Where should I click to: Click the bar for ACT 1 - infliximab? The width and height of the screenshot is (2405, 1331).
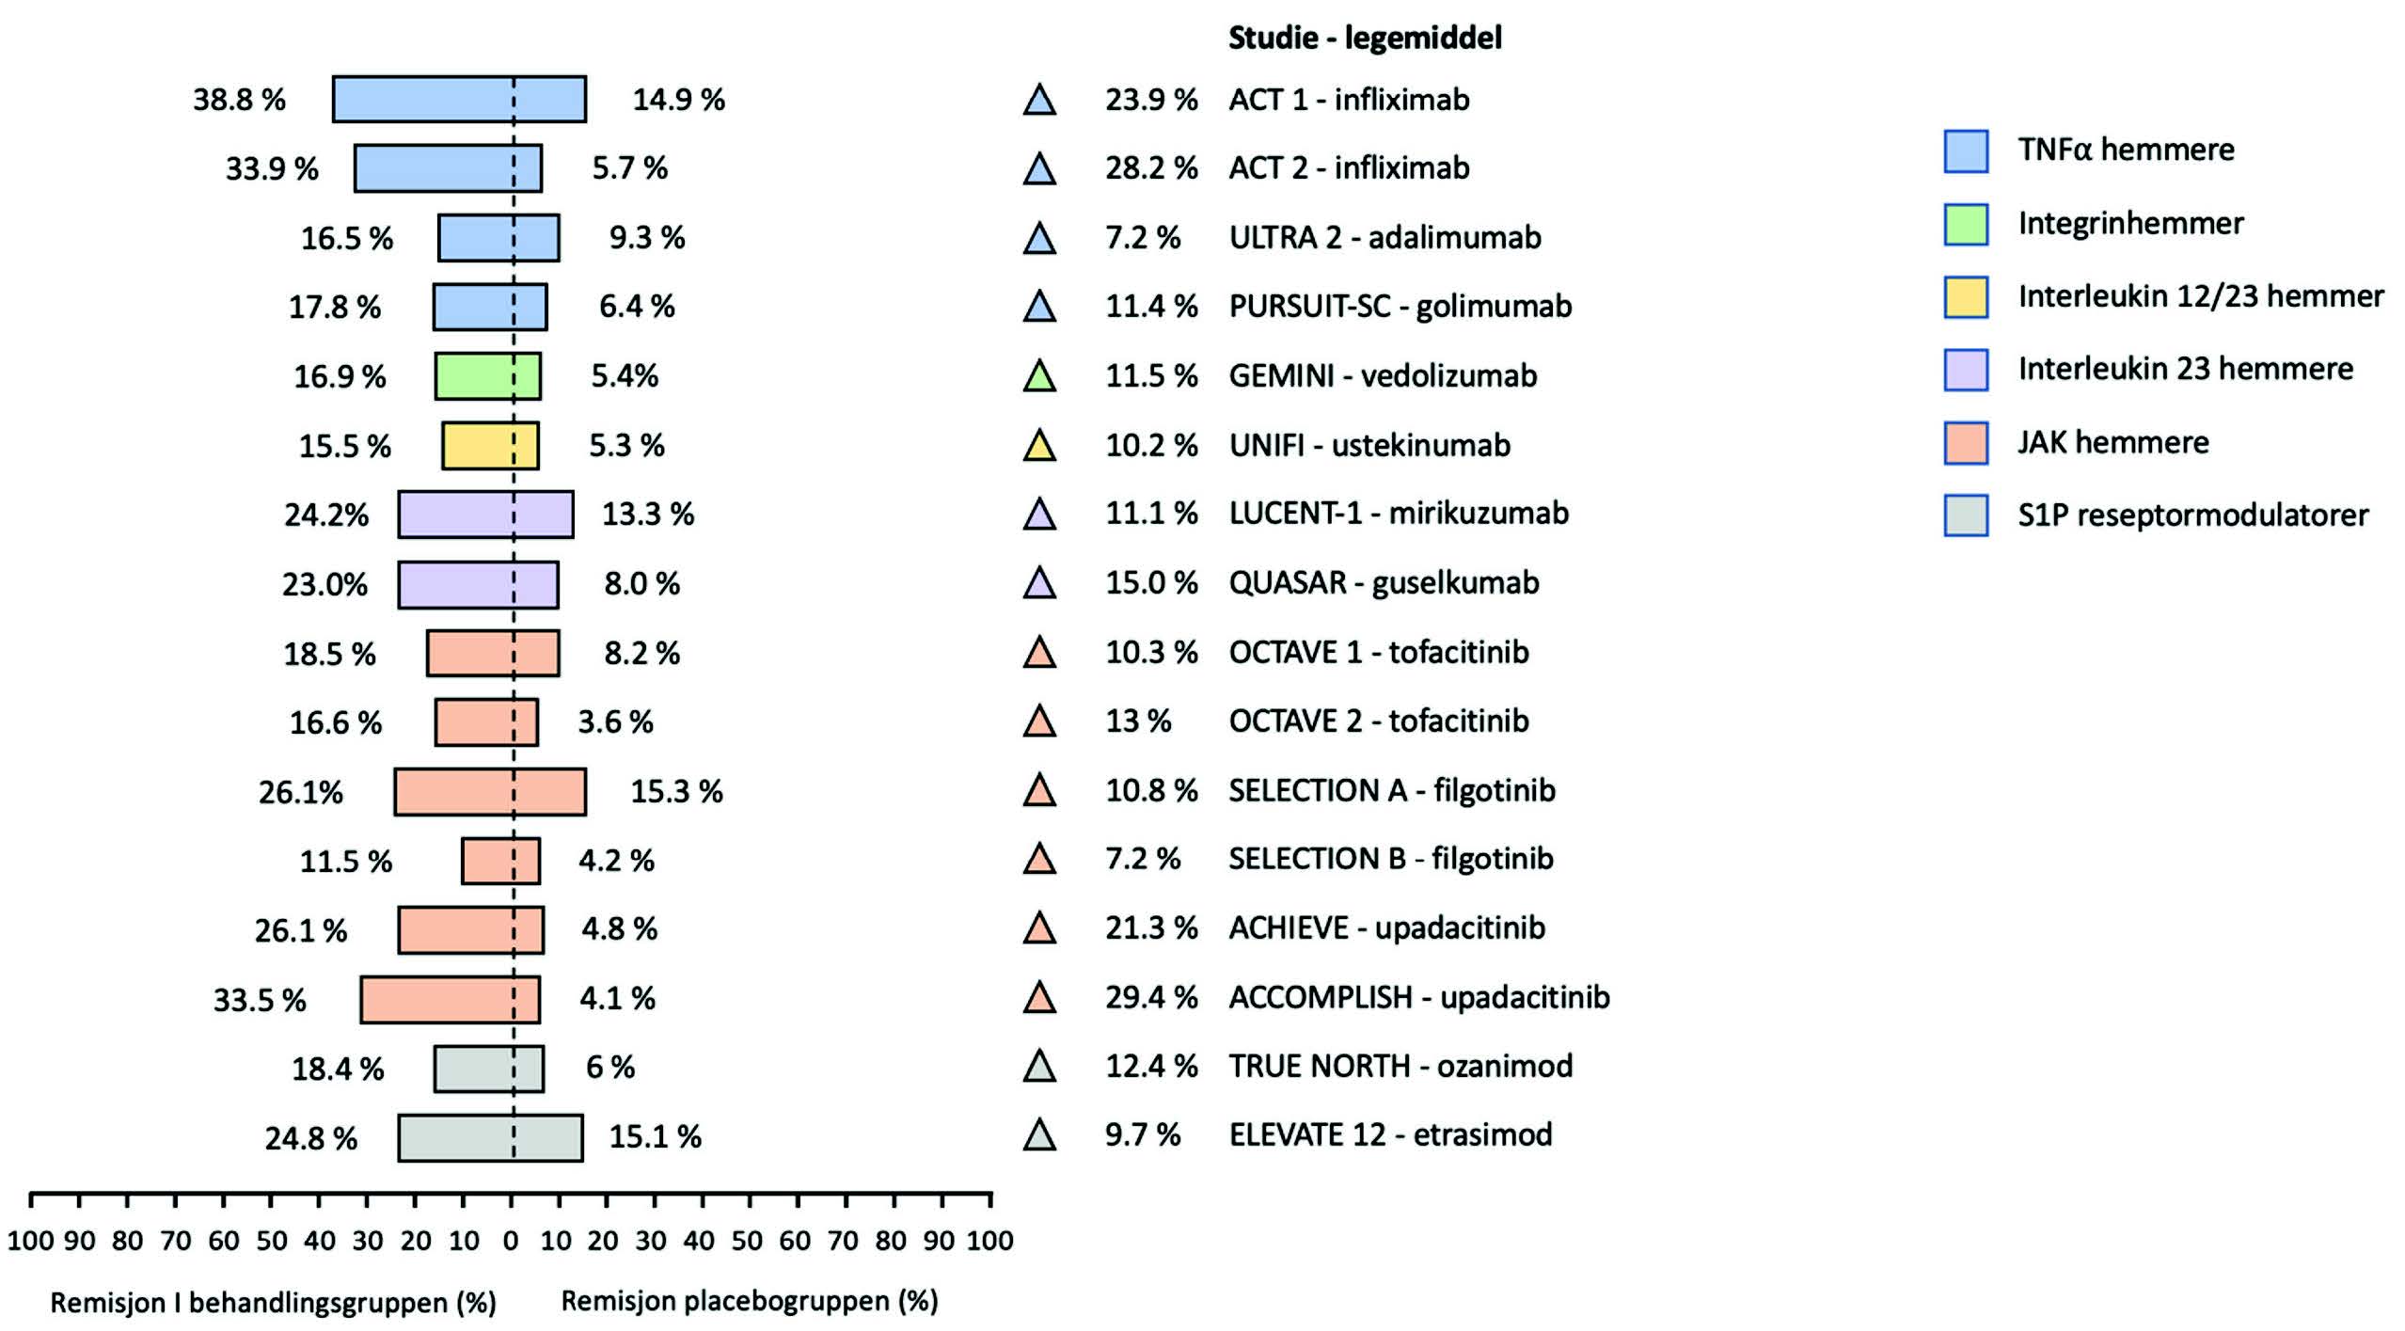coord(459,99)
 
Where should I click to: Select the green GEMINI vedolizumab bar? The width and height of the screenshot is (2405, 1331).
coord(487,376)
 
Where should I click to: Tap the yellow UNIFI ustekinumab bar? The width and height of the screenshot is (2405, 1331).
coord(490,445)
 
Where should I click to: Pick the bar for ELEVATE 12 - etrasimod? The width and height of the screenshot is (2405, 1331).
coord(490,1137)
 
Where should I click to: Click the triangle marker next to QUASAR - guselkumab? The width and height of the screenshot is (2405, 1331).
coord(1039,583)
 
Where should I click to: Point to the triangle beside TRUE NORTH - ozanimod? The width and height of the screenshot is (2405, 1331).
coord(1039,1066)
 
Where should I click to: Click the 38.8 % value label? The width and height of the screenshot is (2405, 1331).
coord(239,100)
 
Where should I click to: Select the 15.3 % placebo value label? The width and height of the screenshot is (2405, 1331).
coord(676,791)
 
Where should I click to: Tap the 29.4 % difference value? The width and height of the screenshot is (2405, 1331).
coord(1151,997)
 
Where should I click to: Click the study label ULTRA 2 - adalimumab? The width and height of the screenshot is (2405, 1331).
coord(1384,237)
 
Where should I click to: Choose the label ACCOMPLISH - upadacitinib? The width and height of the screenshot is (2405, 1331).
coord(1419,997)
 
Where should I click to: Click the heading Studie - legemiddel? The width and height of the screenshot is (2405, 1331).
coord(1365,38)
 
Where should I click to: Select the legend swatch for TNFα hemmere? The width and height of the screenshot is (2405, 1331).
coord(1966,151)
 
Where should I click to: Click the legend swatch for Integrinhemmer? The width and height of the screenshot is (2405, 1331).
coord(1966,224)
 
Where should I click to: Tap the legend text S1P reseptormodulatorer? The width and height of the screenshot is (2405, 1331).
coord(2193,515)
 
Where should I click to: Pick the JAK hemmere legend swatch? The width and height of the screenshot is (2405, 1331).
coord(1966,443)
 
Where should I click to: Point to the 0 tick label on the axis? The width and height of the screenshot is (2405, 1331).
coord(511,1241)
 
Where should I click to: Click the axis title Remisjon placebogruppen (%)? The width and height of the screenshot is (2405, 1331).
coord(750,1301)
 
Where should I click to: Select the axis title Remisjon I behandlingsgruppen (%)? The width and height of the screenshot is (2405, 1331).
coord(273,1303)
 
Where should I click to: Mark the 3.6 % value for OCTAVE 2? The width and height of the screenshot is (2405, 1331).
coord(615,722)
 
